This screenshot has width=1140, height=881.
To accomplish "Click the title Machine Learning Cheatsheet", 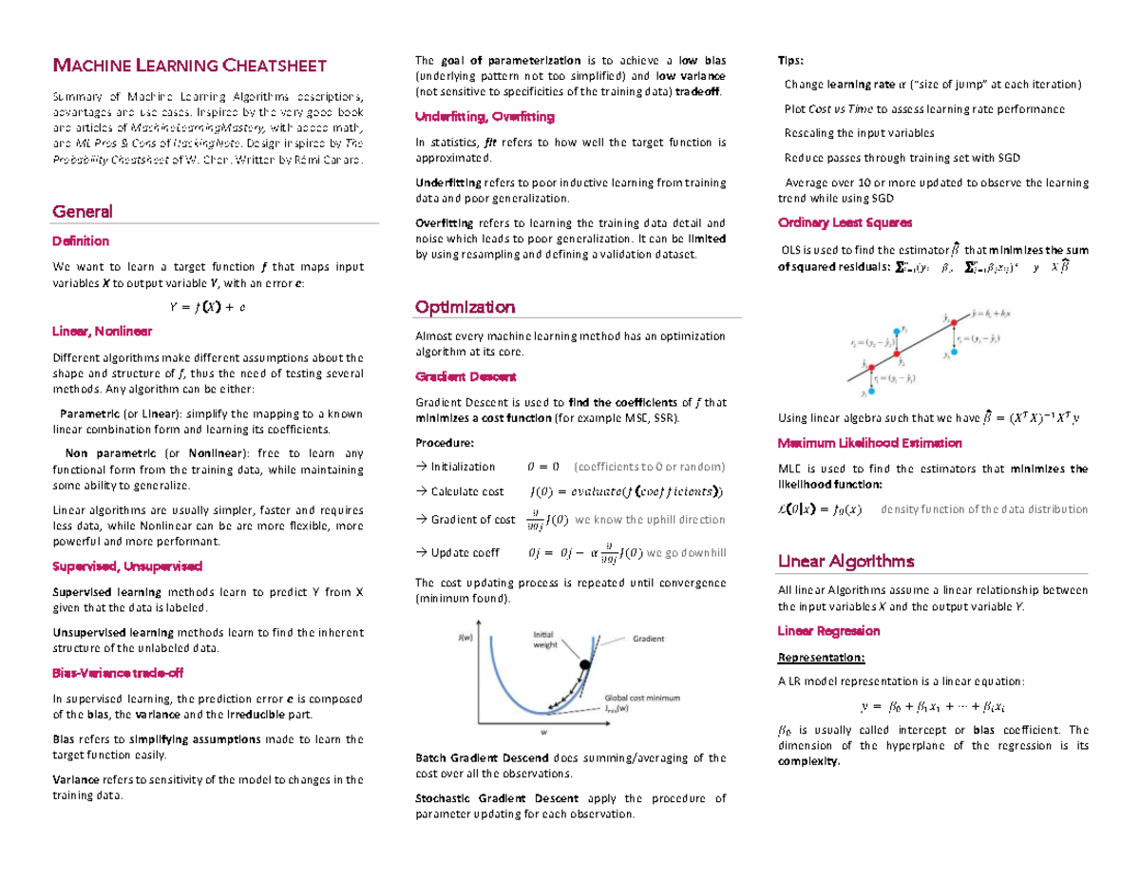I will (189, 66).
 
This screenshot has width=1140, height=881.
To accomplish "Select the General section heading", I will (83, 211).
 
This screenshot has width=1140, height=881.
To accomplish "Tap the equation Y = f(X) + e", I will (206, 306).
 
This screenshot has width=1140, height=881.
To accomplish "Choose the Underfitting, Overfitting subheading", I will (484, 117).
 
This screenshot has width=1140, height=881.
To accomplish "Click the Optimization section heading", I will (465, 307).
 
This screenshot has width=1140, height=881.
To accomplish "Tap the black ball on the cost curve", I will (585, 666).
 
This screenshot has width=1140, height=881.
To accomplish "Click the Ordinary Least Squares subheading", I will (845, 222).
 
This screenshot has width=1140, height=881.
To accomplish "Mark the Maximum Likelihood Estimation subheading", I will (869, 443).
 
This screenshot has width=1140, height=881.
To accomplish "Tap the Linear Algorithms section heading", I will (845, 560).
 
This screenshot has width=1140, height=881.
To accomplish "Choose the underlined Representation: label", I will (821, 658).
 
